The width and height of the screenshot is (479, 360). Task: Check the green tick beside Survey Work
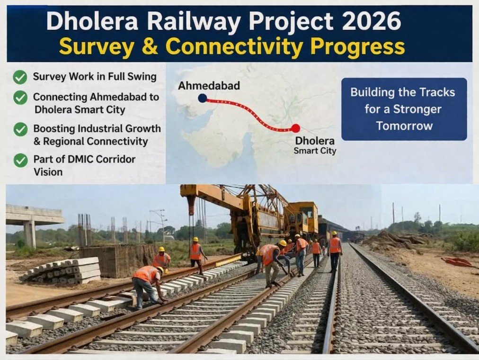(20, 77)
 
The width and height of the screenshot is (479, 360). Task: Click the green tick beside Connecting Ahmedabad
(20, 98)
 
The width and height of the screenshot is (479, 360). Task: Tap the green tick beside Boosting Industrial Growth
(20, 129)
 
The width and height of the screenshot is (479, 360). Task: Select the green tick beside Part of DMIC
(20, 160)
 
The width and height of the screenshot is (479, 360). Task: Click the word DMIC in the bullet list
(78, 160)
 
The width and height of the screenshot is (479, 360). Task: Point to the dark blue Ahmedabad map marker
(202, 98)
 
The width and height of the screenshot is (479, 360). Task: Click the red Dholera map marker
(295, 128)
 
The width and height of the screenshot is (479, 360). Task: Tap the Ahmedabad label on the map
(209, 86)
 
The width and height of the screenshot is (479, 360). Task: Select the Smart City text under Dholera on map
(315, 151)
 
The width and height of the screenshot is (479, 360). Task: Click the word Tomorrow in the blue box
(404, 126)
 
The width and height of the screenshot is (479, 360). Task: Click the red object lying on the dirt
(456, 262)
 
